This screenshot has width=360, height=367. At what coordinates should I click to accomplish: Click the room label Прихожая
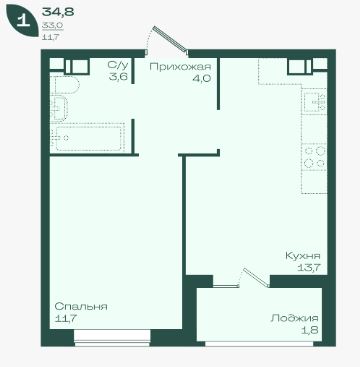180,67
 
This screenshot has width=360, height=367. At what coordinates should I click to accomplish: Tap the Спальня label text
81,306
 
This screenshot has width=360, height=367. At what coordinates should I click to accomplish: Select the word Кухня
303,256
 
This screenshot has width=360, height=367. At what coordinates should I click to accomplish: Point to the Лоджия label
294,317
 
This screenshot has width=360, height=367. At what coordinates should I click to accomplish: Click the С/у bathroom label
118,65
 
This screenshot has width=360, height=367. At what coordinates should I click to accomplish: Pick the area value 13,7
309,267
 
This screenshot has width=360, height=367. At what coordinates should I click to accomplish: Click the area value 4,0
202,79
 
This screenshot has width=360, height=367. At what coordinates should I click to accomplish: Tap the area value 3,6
118,77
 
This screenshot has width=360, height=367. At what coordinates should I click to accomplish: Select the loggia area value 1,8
310,329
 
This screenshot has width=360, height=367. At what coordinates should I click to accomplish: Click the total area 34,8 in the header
58,12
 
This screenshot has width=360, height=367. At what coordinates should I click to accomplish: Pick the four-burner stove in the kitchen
314,157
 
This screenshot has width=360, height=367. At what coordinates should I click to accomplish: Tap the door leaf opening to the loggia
256,278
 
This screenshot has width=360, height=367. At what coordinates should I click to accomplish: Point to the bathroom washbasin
59,108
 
